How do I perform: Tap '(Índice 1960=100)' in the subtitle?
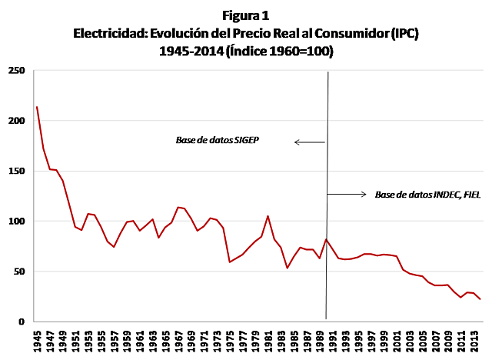pos(284,51)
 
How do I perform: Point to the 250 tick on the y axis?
pos(16,71)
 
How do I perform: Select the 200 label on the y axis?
pos(16,121)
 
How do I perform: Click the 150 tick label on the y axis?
pos(16,171)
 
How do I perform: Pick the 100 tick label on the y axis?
pos(16,221)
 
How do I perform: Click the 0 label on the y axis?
pos(22,322)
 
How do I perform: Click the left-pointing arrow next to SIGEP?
pos(309,142)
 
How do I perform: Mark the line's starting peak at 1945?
pos(37,107)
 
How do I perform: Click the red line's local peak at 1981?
pos(268,216)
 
